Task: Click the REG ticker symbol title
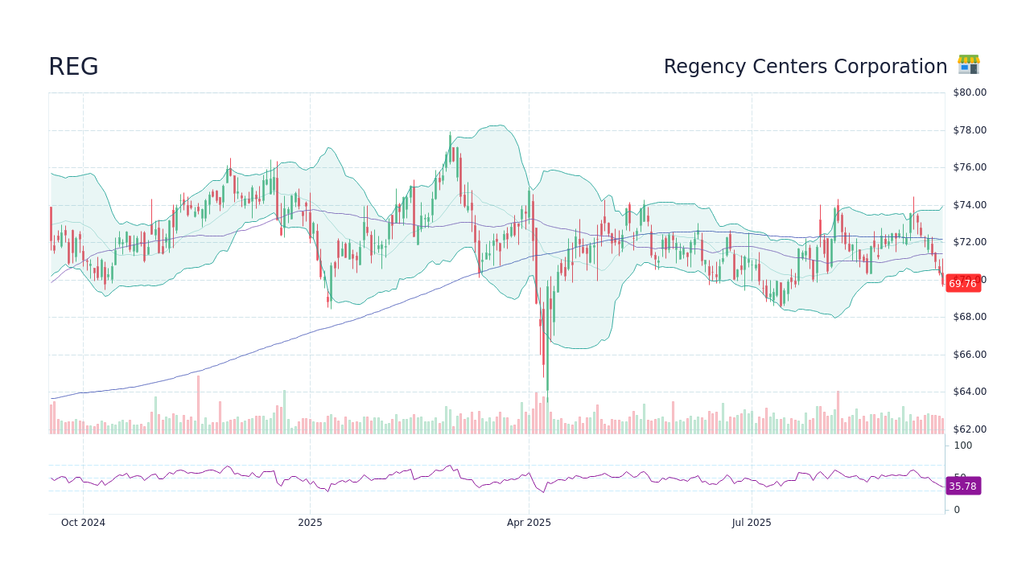(x=73, y=68)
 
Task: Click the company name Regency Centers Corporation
(x=805, y=67)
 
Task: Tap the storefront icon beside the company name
(x=968, y=65)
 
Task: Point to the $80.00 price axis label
(x=970, y=92)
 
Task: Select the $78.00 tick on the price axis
(x=970, y=130)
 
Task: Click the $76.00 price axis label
(x=970, y=167)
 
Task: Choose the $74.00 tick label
(x=970, y=205)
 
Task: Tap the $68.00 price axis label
(x=970, y=317)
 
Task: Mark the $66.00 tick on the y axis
(x=970, y=355)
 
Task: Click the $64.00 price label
(x=970, y=392)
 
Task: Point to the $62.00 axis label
(x=970, y=429)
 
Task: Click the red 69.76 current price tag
(x=962, y=284)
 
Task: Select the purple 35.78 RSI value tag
(x=962, y=487)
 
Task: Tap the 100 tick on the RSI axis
(x=962, y=446)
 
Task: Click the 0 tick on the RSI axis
(x=957, y=510)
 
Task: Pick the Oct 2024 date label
(x=83, y=523)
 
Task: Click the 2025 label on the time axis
(x=310, y=523)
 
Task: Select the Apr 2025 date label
(x=529, y=523)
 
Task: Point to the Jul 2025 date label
(x=752, y=523)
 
